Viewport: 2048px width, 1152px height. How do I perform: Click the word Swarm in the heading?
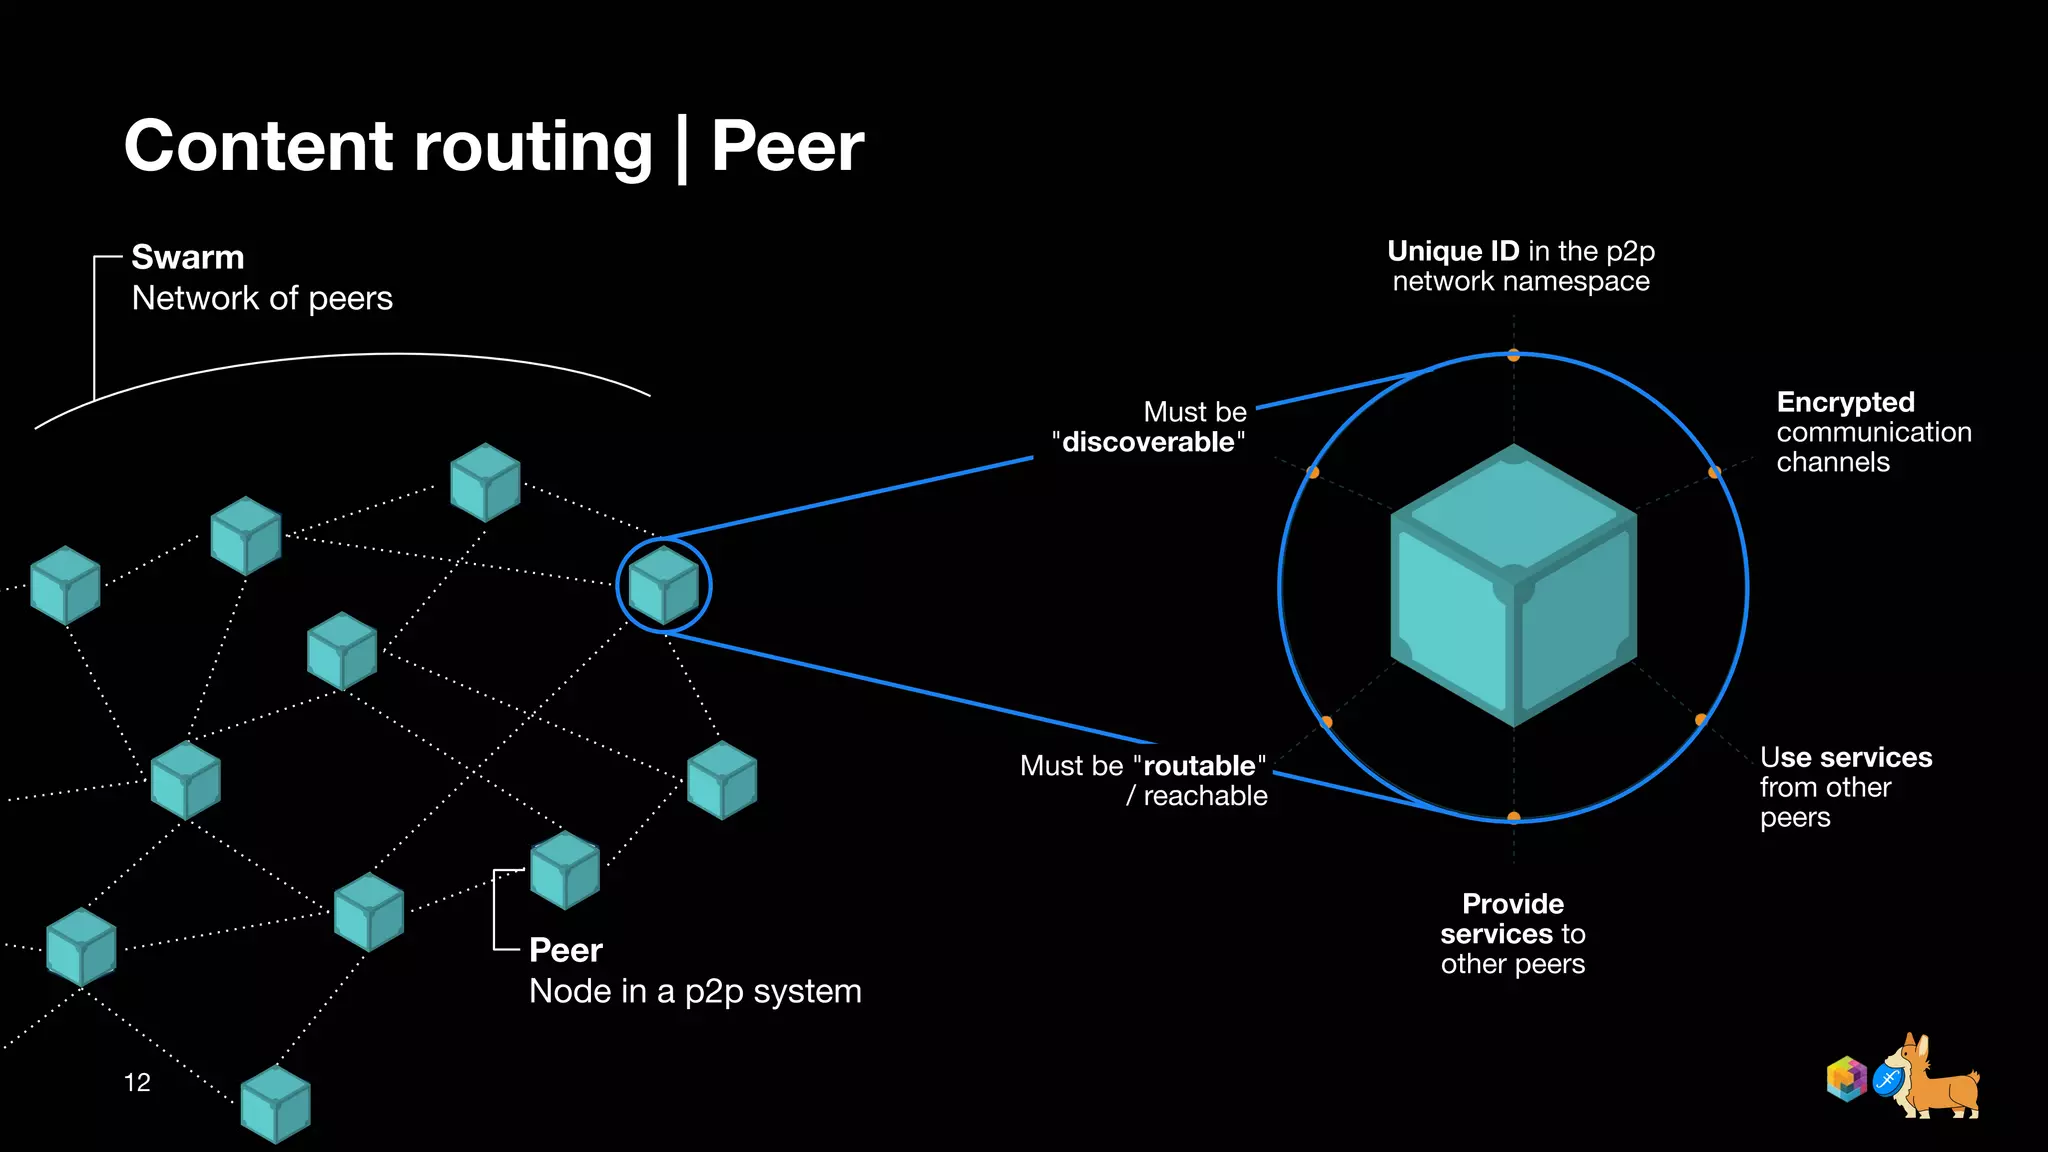click(x=188, y=257)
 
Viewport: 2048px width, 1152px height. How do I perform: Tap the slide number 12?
click(x=137, y=1082)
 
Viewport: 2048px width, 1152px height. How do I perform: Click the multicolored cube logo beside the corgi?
click(x=1846, y=1079)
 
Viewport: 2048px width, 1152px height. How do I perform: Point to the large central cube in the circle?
click(x=1513, y=586)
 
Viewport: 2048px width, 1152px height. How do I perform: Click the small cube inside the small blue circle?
click(x=664, y=586)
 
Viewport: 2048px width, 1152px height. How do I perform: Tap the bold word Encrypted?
click(x=1845, y=402)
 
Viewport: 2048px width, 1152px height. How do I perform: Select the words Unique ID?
click(x=1453, y=251)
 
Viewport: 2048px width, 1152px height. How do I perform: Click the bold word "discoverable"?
click(x=1149, y=442)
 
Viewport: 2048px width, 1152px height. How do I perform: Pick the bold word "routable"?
click(x=1199, y=766)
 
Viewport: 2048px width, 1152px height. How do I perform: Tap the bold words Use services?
click(x=1846, y=757)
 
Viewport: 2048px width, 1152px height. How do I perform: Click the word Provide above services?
click(x=1513, y=904)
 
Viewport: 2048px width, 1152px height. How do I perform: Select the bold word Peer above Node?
click(x=566, y=950)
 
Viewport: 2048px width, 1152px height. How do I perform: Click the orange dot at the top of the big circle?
click(x=1513, y=355)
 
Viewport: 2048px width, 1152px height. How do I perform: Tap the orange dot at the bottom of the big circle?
click(x=1513, y=817)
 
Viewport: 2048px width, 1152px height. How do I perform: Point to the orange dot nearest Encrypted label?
click(x=1713, y=472)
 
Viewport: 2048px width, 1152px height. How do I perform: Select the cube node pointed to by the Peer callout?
click(x=565, y=870)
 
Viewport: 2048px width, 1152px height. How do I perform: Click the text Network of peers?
click(x=262, y=298)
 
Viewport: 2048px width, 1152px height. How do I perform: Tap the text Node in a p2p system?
click(x=695, y=991)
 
